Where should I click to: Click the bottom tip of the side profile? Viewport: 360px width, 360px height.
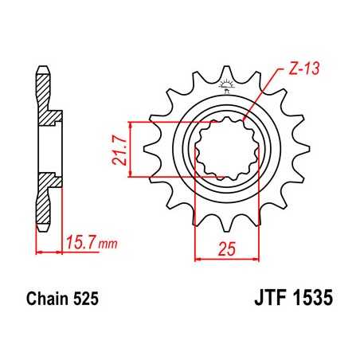[x=39, y=231]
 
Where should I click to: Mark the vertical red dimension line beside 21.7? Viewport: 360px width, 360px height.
[x=129, y=149]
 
